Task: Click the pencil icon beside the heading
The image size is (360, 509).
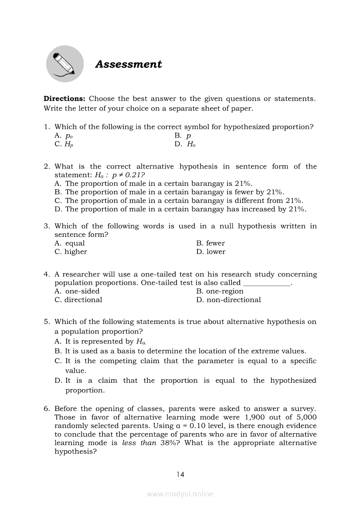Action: (65, 64)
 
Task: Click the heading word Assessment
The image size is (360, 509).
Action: (128, 64)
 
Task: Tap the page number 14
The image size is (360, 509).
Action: (180, 475)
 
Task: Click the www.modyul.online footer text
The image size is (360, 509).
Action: (180, 494)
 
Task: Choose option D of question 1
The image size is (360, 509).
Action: (185, 144)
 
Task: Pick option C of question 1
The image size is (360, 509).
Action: (64, 144)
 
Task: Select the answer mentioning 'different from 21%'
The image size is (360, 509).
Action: (179, 201)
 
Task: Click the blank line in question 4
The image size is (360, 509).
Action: (266, 284)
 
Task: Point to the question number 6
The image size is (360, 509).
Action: (46, 409)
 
